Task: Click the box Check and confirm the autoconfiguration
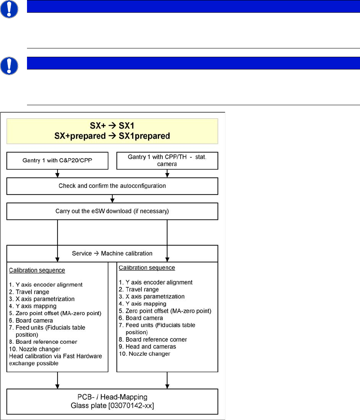coord(112,185)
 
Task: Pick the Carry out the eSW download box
coord(112,211)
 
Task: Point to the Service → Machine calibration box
coord(112,253)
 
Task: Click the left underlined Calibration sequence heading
coord(37,270)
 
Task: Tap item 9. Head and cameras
coord(146,347)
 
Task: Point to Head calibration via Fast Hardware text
coord(55,356)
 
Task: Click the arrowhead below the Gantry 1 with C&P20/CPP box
coord(58,174)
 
